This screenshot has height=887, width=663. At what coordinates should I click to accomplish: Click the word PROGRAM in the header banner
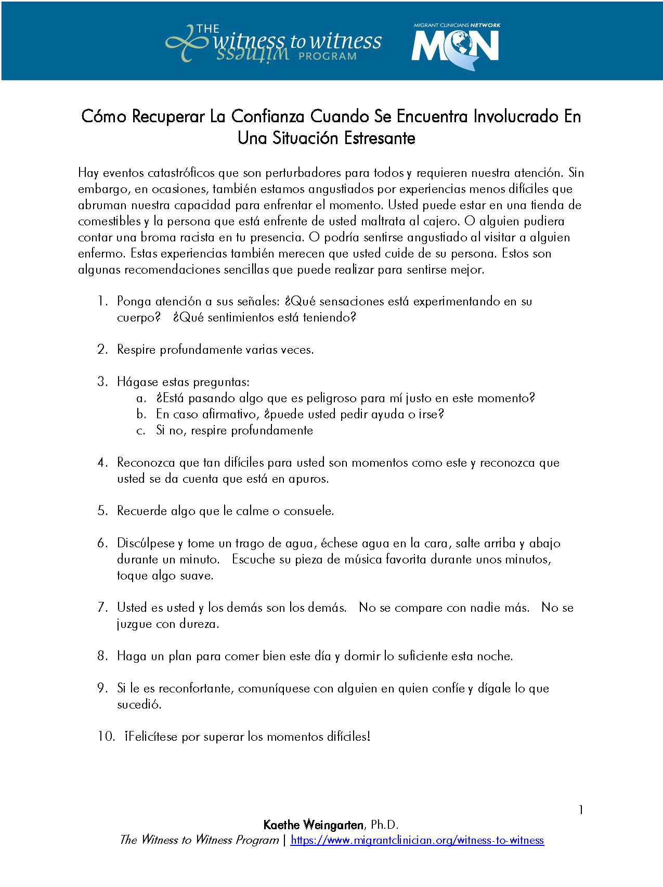pos(328,56)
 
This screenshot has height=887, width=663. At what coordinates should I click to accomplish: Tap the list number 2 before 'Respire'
pos(102,350)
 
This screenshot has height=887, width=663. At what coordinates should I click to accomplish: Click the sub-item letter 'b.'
pos(141,415)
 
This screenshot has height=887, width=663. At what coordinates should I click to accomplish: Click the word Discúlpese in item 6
pos(146,544)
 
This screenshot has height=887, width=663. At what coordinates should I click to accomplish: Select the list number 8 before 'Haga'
pos(102,656)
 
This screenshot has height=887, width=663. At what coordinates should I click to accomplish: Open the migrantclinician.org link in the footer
pos(417,840)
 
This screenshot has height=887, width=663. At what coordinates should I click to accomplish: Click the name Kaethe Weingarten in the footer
pos(314,825)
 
